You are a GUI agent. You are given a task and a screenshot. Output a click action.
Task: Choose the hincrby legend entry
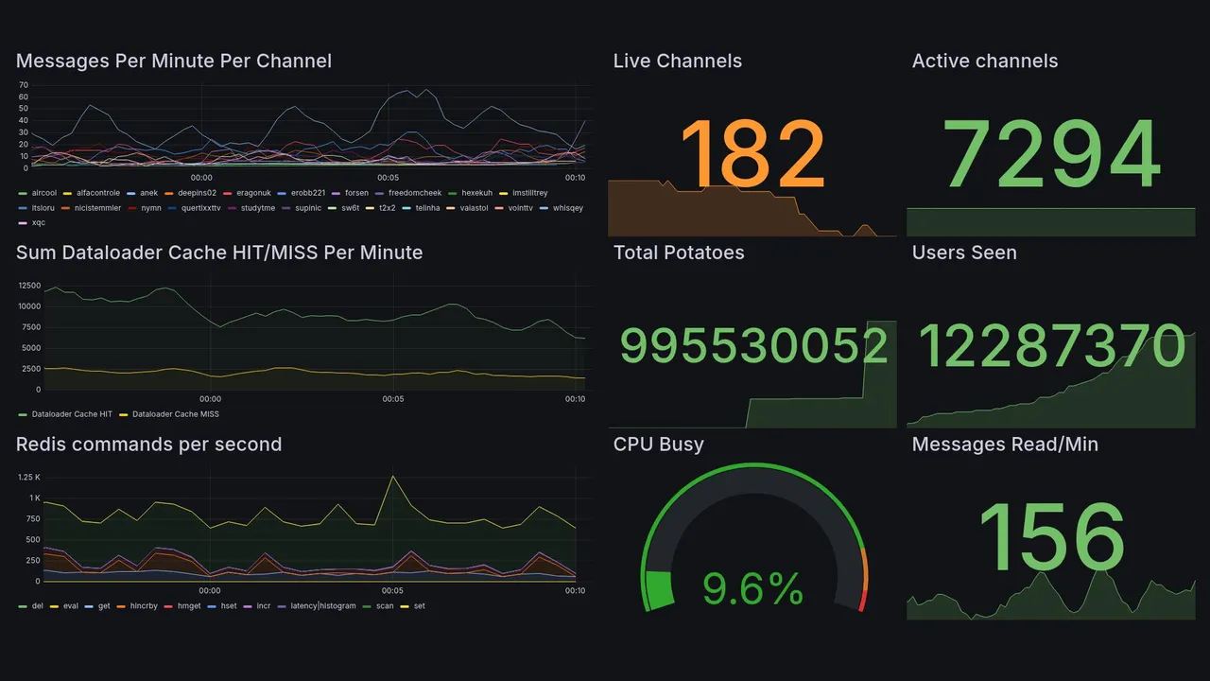[x=140, y=606]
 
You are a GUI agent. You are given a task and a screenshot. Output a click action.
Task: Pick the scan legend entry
[x=384, y=606]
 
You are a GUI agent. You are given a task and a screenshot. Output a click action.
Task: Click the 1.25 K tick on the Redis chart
[x=28, y=478]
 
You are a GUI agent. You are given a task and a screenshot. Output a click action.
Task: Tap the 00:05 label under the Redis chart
[x=392, y=591]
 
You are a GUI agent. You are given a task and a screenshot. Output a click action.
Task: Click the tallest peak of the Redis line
[x=392, y=477]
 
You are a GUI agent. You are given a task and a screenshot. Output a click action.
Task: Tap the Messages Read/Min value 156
[x=1051, y=537]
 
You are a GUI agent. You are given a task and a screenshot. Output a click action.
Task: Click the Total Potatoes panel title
[x=679, y=253]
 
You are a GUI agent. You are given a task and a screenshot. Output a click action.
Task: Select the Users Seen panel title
[x=964, y=253]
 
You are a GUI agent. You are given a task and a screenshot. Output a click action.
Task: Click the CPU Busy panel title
[x=658, y=445]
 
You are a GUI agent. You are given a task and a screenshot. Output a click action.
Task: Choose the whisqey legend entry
[x=568, y=208]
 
